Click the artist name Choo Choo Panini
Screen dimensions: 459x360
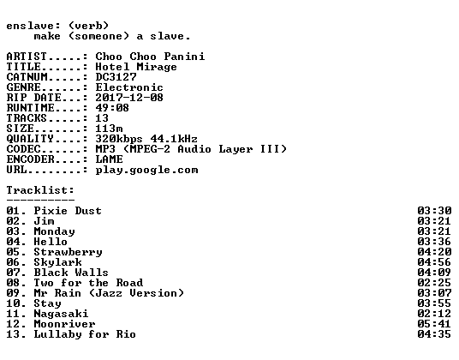point(150,57)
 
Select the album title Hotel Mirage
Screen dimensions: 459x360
point(136,67)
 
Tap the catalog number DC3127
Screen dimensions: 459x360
point(116,77)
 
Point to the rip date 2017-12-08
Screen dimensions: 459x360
point(129,98)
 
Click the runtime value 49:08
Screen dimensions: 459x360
point(112,108)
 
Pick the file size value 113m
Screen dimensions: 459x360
point(110,129)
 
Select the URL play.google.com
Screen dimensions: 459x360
point(146,171)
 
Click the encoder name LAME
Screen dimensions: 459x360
point(110,159)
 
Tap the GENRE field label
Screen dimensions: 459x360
point(24,87)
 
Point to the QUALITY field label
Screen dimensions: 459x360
point(30,139)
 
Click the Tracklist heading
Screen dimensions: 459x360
point(40,190)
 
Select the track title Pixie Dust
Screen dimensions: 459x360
point(68,211)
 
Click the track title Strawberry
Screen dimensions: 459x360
point(68,252)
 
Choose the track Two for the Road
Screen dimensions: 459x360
point(88,283)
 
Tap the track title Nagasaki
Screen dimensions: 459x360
point(61,314)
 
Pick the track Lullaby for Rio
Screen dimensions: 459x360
point(85,334)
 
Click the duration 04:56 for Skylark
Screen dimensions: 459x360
point(434,262)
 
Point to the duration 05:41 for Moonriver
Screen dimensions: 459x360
point(434,324)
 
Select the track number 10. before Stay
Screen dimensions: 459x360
point(16,303)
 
